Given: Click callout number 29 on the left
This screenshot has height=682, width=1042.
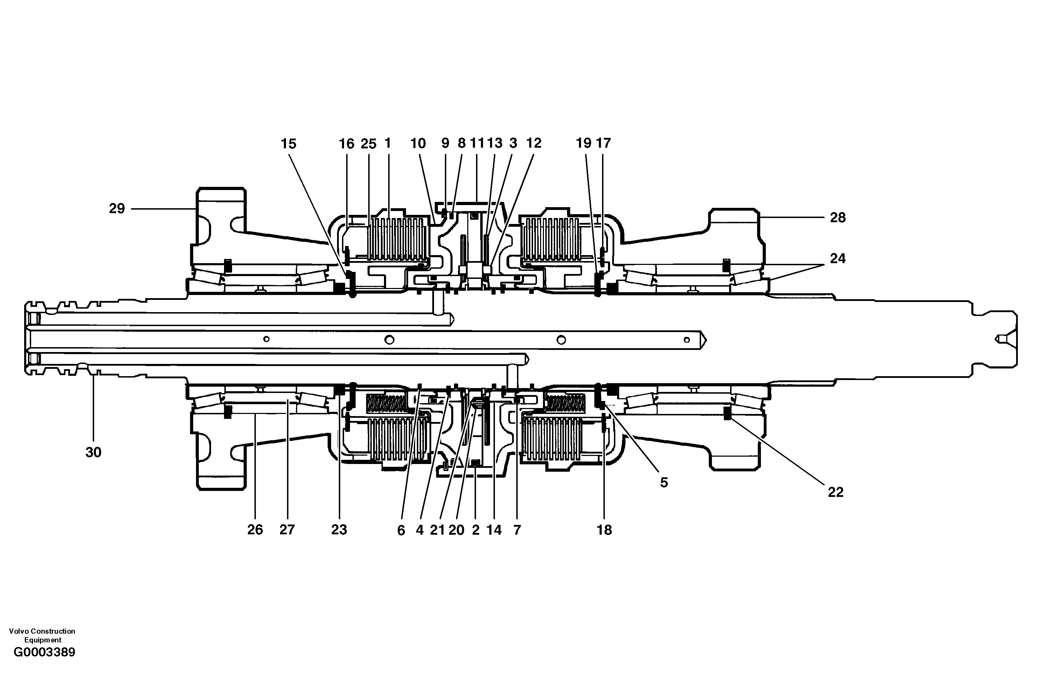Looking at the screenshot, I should tap(117, 208).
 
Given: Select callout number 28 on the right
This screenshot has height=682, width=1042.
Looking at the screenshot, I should tap(838, 218).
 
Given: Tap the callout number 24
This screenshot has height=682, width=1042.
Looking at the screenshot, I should tap(838, 258).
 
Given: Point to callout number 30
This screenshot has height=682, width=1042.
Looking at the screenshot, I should tap(93, 452).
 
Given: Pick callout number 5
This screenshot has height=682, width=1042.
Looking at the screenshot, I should tap(664, 483).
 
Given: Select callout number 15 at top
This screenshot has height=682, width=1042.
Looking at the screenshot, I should tap(288, 143).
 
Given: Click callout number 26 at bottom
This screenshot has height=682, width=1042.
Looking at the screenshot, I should tap(255, 530).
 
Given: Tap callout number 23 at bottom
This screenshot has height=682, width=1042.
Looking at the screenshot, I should tap(339, 530).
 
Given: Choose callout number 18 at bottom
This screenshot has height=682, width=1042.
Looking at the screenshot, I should tap(604, 530).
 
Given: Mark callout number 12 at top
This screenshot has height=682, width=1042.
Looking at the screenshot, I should tap(534, 143).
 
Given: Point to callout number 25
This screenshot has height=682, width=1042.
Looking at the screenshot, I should tap(369, 143).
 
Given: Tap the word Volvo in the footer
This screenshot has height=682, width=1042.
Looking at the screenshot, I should tap(18, 631).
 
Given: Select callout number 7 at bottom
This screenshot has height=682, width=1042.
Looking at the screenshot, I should tap(517, 530).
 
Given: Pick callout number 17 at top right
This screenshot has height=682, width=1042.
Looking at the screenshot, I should tap(604, 143).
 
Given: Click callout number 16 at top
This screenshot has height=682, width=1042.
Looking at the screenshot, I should tap(346, 143).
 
